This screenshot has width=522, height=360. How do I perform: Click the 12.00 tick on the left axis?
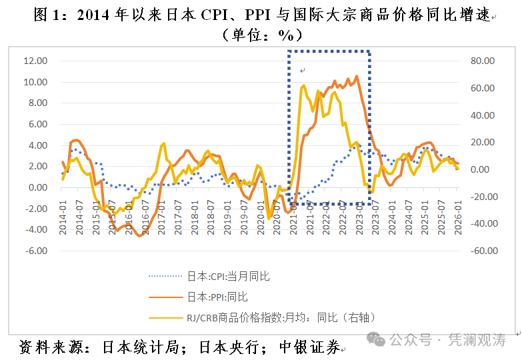(x=35, y=61)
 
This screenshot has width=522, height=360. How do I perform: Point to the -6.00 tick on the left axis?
(x=35, y=251)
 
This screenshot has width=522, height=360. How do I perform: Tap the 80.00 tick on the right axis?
(x=481, y=61)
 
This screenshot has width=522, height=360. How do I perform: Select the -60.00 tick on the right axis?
(x=481, y=251)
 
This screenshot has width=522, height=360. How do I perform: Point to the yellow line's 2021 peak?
(x=304, y=85)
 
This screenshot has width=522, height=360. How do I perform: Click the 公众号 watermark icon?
(x=378, y=340)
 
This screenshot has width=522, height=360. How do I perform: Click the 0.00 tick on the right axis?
(x=483, y=169)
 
